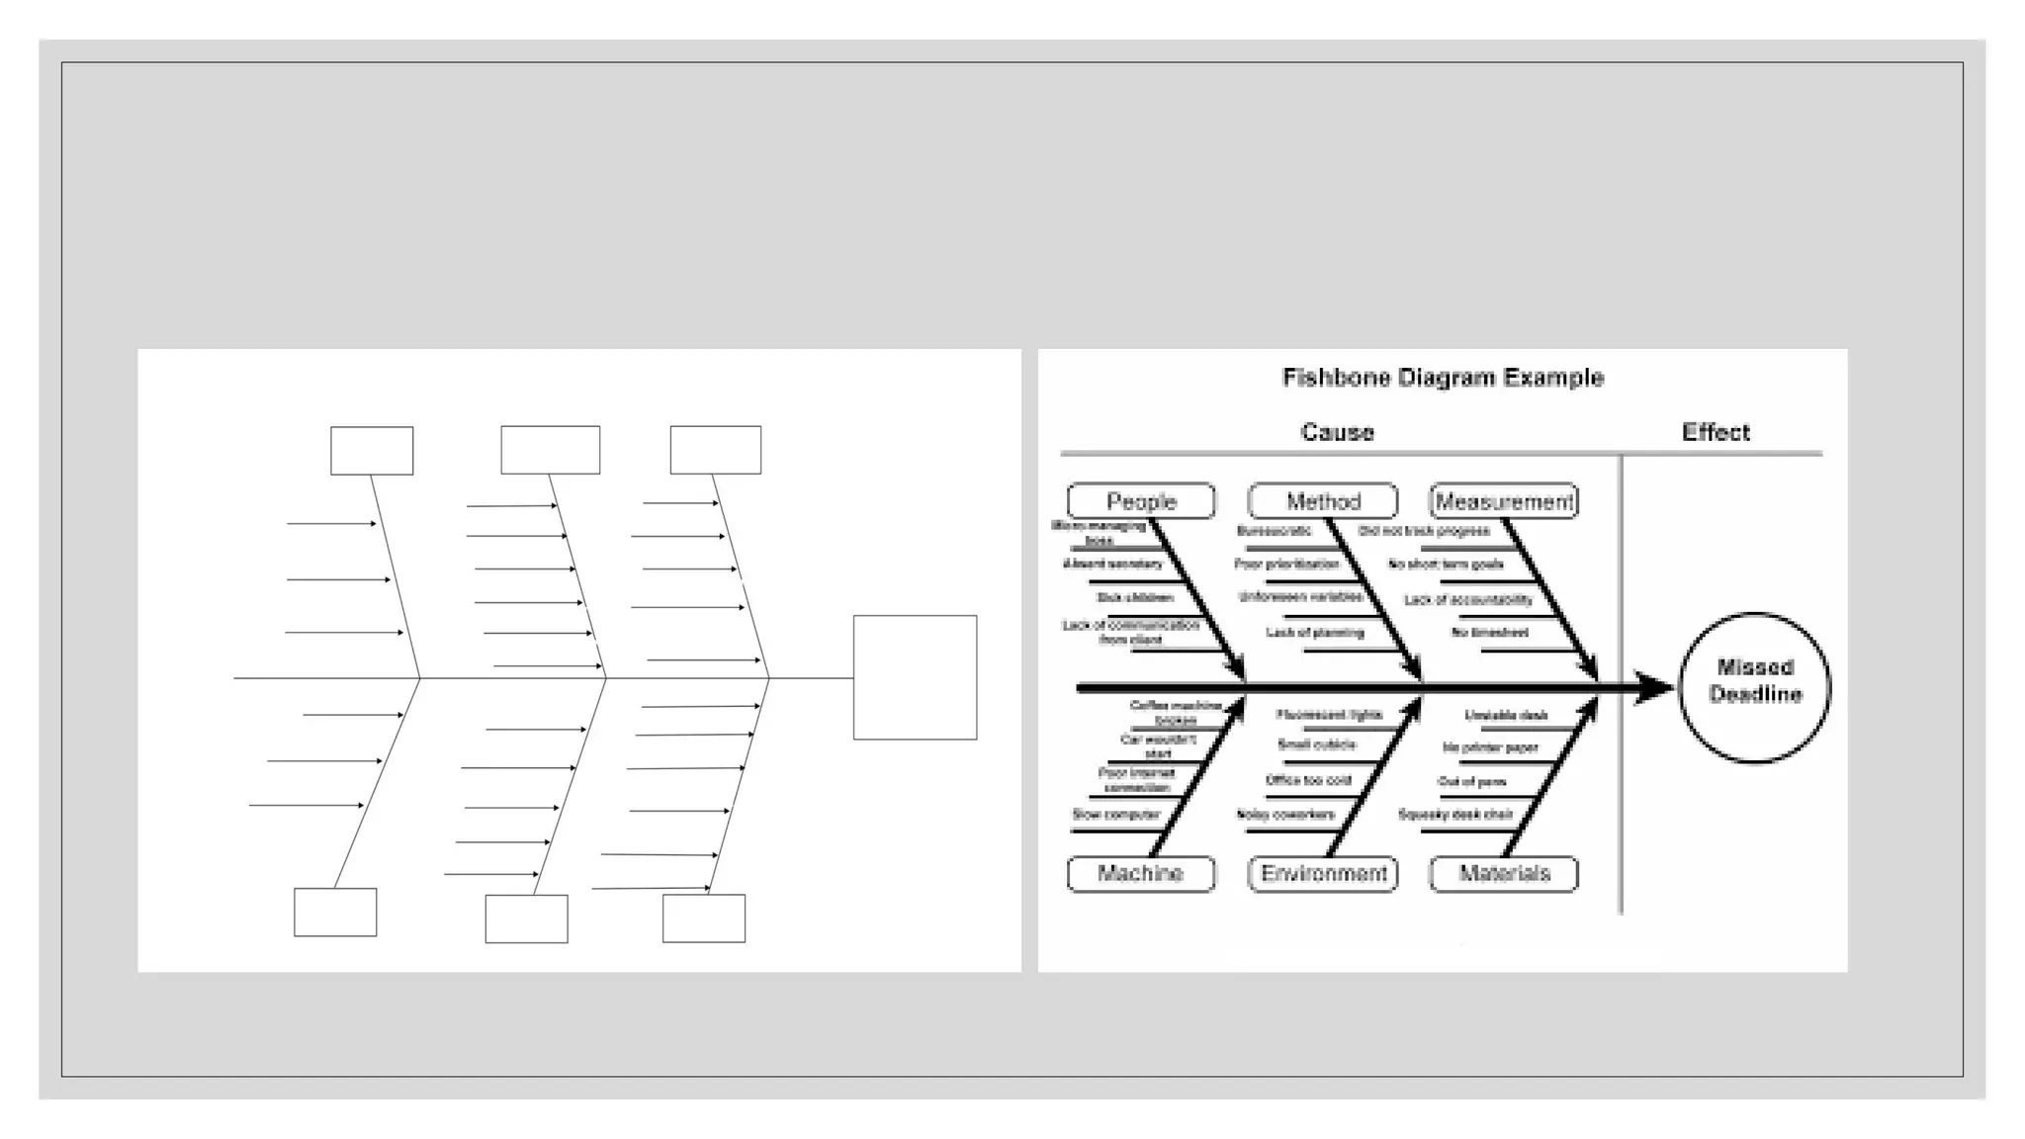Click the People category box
coord(1141,501)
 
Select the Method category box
coord(1323,501)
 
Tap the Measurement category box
coord(1504,501)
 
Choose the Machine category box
coord(1141,874)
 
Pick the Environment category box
coord(1323,874)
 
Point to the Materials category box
coord(1504,874)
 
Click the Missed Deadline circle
coord(1755,688)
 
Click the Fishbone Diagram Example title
coord(1443,378)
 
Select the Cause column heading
coord(1337,432)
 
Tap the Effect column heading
coord(1716,432)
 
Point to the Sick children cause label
coord(1135,598)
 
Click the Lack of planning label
coord(1315,633)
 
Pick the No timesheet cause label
coord(1490,633)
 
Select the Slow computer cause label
coord(1116,815)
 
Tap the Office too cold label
coord(1308,780)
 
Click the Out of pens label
coord(1472,782)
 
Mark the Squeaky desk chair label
coord(1455,815)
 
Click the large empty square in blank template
coord(915,677)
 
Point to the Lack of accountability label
coord(1468,600)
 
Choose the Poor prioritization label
coord(1286,565)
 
